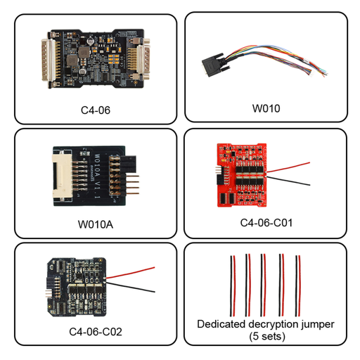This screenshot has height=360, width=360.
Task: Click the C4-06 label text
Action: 95,110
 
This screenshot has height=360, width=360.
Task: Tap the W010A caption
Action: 95,225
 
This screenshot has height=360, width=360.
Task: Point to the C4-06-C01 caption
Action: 266,223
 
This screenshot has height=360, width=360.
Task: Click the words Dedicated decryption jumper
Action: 266,324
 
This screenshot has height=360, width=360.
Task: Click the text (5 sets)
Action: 265,337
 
